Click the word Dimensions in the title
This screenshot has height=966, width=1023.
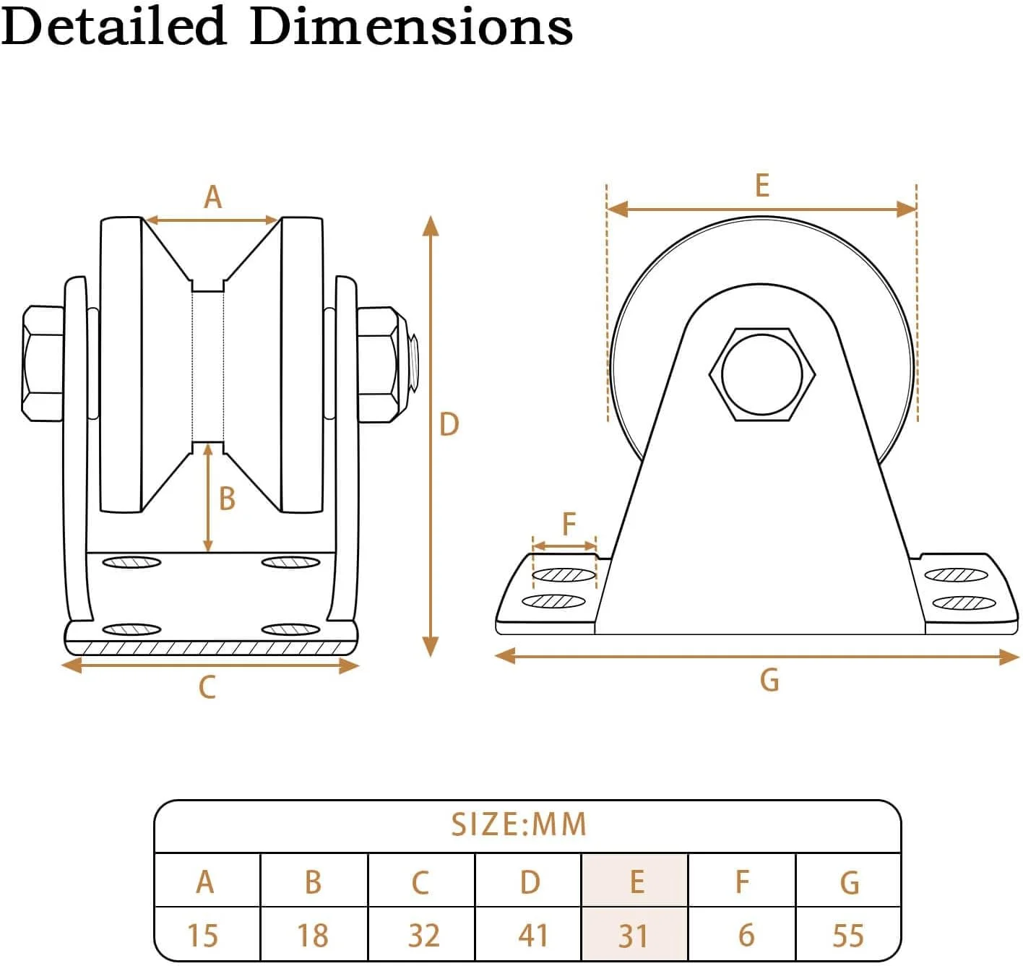(411, 27)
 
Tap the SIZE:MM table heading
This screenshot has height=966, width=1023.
(519, 824)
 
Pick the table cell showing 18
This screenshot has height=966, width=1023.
(312, 935)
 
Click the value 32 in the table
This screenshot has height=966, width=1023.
(423, 935)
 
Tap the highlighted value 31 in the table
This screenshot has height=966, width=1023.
(633, 935)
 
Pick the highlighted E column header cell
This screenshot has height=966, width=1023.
(636, 881)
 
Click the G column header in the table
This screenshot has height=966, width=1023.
(850, 882)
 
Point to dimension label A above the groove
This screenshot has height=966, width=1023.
(212, 197)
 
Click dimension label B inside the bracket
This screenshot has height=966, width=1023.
(227, 499)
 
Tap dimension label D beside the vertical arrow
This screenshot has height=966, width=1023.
(449, 424)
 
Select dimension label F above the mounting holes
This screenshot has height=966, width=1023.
(569, 523)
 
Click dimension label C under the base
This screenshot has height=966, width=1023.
(207, 687)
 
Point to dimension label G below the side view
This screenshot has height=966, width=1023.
(769, 680)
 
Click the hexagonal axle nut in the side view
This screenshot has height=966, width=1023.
(762, 374)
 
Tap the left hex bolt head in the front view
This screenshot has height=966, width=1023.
(43, 363)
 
